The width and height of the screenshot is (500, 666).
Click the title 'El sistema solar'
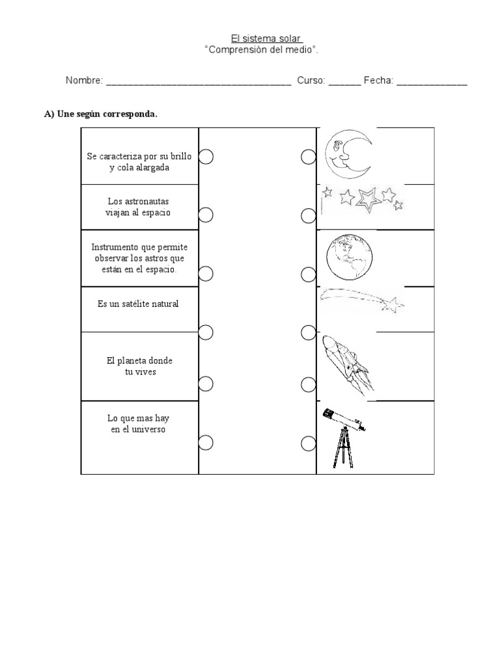pyautogui.click(x=268, y=38)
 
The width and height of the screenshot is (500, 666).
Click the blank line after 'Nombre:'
pyautogui.click(x=198, y=82)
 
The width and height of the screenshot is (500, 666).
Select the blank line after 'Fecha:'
pyautogui.click(x=431, y=82)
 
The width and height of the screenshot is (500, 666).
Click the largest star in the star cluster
pyautogui.click(x=368, y=198)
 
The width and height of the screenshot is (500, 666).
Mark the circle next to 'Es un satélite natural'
pyautogui.click(x=206, y=333)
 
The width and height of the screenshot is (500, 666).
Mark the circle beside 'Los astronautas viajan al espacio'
pyautogui.click(x=206, y=215)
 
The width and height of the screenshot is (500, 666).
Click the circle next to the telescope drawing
pyautogui.click(x=309, y=444)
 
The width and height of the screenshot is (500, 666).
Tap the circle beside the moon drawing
pyautogui.click(x=309, y=157)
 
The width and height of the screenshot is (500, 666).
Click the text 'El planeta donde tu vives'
pyautogui.click(x=140, y=366)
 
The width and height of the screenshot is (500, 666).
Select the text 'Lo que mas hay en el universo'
pyautogui.click(x=139, y=424)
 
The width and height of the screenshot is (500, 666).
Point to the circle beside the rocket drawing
pyautogui.click(x=309, y=384)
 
